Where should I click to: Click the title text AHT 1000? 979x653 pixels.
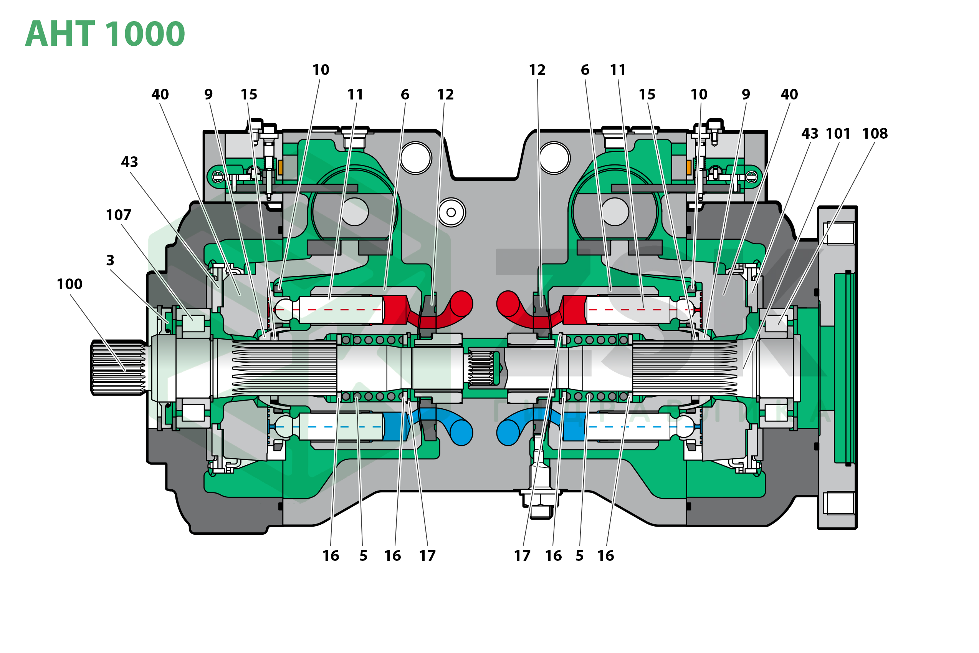(x=105, y=34)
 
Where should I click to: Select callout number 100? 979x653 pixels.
(x=69, y=284)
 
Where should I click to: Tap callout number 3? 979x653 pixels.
(x=110, y=261)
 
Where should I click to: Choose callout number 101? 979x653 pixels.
(x=838, y=134)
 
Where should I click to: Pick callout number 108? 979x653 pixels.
(x=875, y=134)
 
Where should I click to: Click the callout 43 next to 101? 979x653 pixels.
(x=810, y=134)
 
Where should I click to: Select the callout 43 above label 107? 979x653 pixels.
(x=129, y=162)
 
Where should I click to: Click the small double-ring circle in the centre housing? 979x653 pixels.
(x=451, y=212)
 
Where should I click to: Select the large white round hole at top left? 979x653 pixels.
(x=416, y=158)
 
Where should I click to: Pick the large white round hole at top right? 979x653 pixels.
(x=554, y=158)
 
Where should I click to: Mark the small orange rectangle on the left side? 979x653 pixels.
(x=281, y=167)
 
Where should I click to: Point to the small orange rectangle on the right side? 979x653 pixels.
(x=689, y=167)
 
